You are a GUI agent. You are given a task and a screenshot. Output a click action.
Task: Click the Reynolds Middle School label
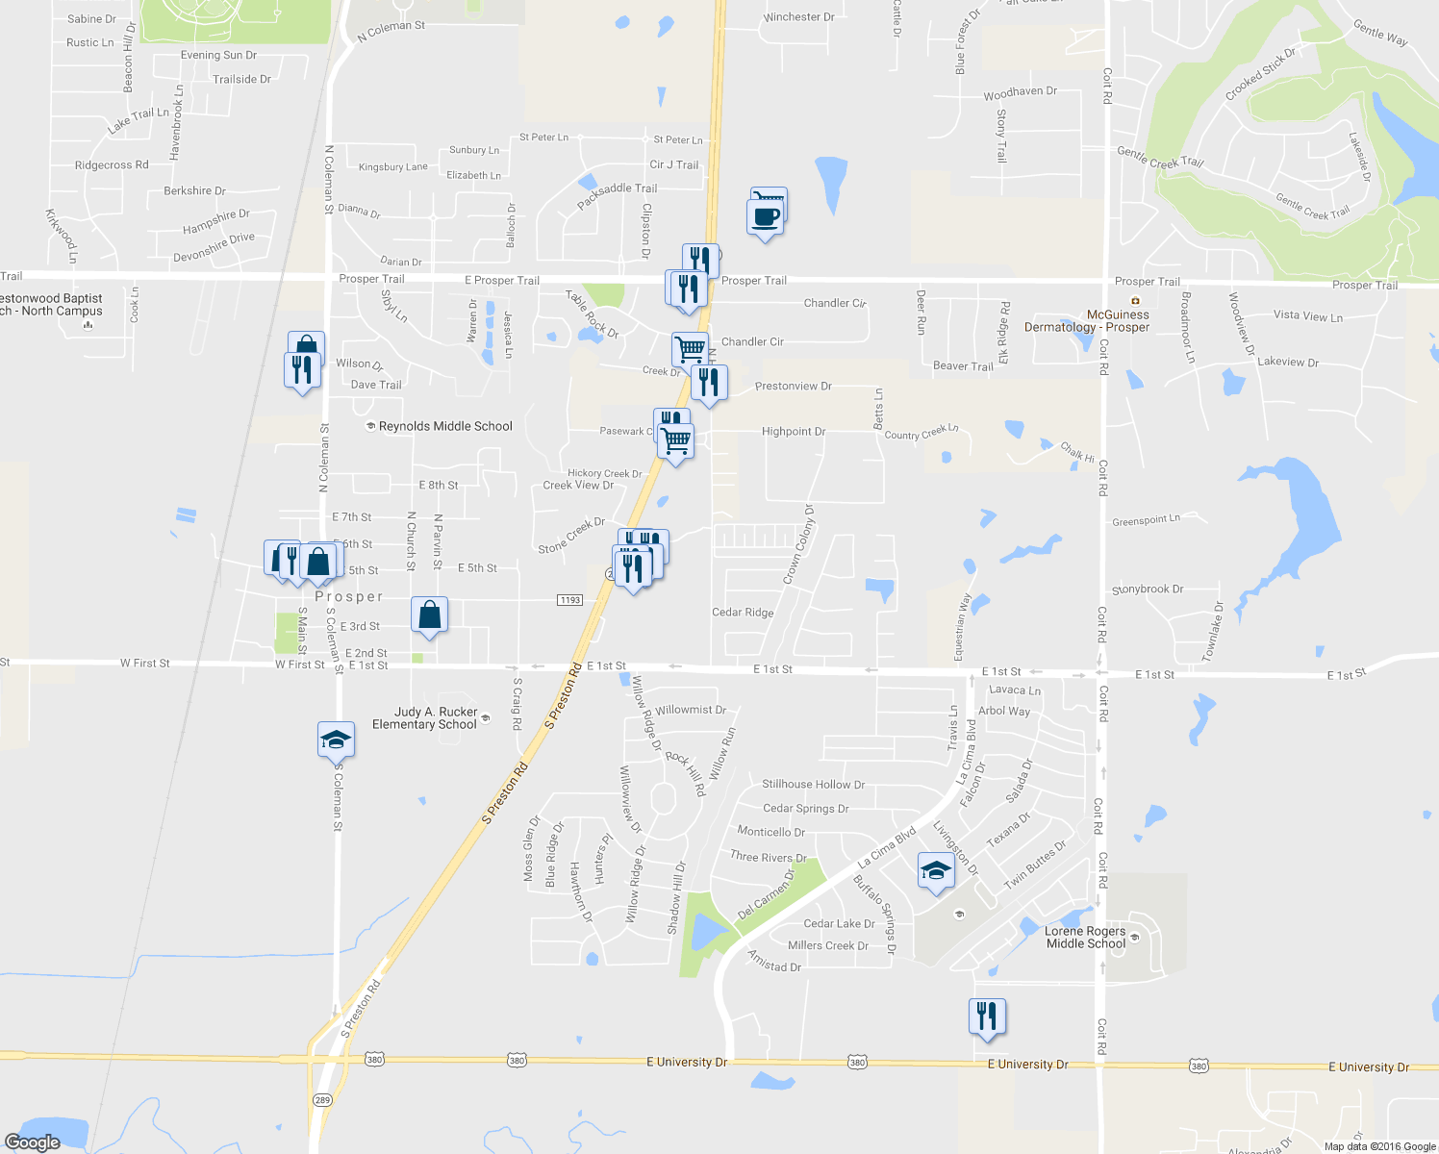tap(444, 426)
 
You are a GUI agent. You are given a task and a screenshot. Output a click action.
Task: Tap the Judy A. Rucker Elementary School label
tap(424, 718)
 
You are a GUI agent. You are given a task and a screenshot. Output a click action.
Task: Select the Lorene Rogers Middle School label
tap(1085, 938)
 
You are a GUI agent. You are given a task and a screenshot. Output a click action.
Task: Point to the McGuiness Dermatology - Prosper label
tap(1087, 321)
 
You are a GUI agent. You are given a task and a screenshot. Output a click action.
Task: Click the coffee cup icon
tap(765, 216)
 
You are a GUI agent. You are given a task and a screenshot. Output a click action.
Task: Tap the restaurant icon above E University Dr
tap(987, 1016)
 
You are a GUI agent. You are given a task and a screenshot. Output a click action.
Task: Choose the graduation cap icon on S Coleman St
tap(337, 739)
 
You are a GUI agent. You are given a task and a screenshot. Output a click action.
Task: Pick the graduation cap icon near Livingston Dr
tap(936, 870)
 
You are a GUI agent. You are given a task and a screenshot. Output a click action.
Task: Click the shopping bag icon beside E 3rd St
tap(430, 615)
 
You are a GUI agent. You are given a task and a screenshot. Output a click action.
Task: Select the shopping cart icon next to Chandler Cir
tap(690, 349)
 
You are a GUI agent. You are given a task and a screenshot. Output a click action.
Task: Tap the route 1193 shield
tap(569, 600)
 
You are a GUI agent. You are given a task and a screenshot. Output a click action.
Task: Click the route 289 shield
tap(321, 1099)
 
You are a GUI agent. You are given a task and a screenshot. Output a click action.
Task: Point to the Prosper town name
tap(348, 597)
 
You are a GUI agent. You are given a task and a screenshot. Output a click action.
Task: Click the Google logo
tap(33, 1142)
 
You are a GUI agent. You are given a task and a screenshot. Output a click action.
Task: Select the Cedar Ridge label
tap(743, 613)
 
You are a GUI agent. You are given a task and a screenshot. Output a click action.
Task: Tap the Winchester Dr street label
tap(798, 17)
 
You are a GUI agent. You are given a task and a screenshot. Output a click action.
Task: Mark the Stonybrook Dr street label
tap(1148, 590)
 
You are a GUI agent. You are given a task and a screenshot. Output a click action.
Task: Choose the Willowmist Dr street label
tap(691, 710)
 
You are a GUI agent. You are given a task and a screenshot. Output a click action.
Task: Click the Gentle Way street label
tap(1380, 34)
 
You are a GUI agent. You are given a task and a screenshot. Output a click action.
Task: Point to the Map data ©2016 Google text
tap(1379, 1146)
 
